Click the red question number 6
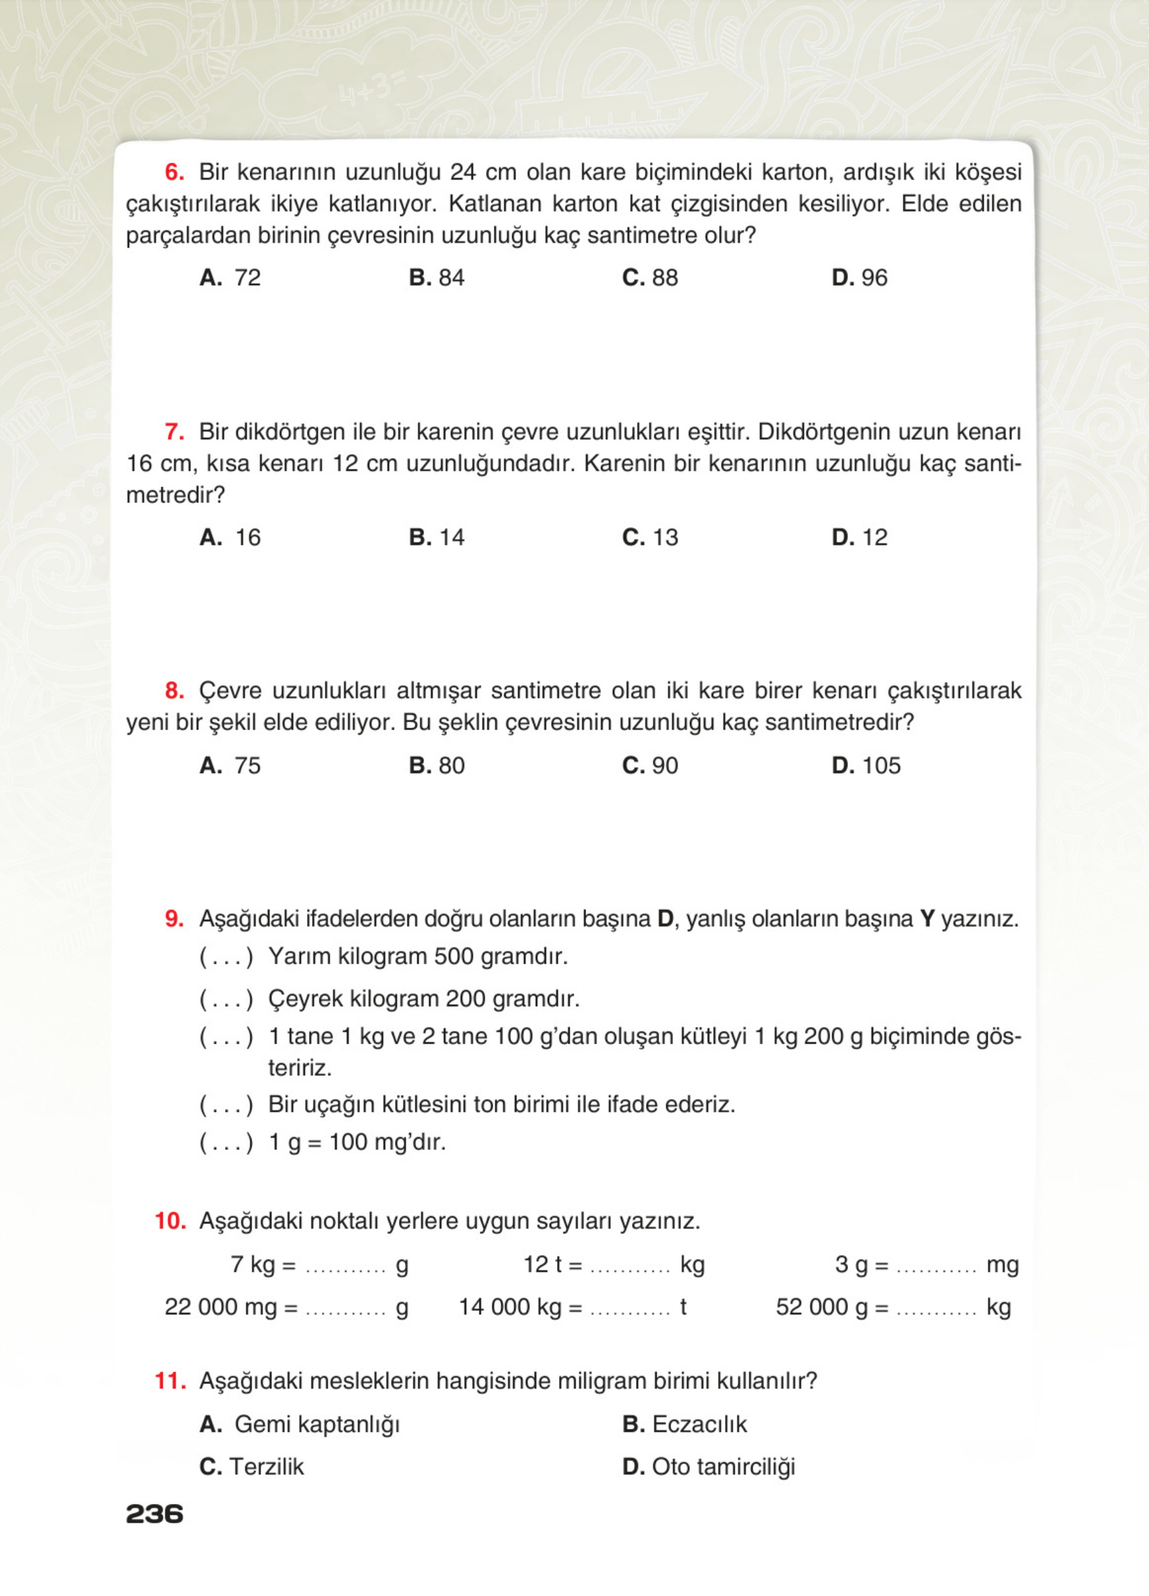click(174, 172)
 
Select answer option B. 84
click(437, 277)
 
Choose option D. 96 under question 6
click(859, 277)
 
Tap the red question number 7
click(174, 431)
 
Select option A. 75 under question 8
click(229, 765)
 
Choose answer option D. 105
click(865, 765)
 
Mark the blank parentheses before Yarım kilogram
click(226, 957)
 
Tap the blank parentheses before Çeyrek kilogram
click(226, 999)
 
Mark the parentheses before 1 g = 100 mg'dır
click(226, 1142)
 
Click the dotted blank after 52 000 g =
click(936, 1309)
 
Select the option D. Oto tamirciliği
click(708, 1466)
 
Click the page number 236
click(154, 1514)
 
